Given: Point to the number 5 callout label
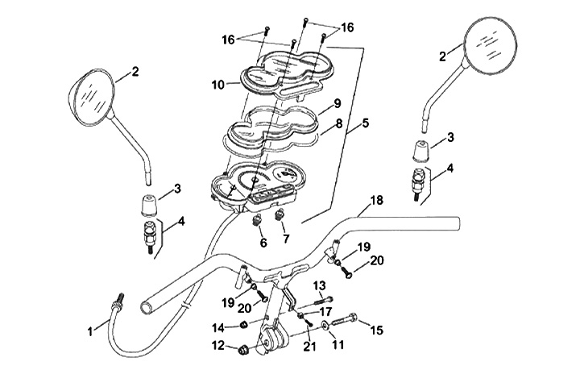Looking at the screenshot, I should pos(366,125).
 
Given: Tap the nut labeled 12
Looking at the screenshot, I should pos(241,349).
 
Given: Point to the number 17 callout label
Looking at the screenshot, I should pos(326,310).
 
